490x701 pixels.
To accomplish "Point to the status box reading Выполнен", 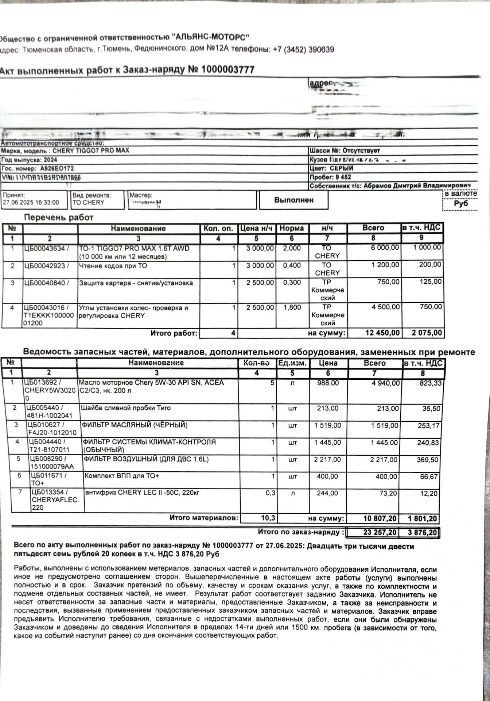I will pyautogui.click(x=293, y=200).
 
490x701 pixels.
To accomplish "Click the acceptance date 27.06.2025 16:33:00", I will pyautogui.click(x=31, y=203).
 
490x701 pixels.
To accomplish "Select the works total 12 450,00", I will pyautogui.click(x=382, y=333).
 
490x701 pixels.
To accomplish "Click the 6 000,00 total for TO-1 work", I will pyautogui.click(x=385, y=248).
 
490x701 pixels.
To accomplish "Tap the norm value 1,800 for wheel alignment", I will pyautogui.click(x=292, y=307).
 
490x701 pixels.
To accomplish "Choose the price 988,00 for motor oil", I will pyautogui.click(x=328, y=383).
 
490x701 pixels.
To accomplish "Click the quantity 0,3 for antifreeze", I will pyautogui.click(x=270, y=493).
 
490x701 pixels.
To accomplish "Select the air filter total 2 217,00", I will pyautogui.click(x=384, y=460).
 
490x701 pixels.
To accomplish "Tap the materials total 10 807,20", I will pyautogui.click(x=381, y=518).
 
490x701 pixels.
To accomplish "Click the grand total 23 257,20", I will pyautogui.click(x=380, y=533).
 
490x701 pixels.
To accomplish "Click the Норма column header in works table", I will pyautogui.click(x=292, y=228).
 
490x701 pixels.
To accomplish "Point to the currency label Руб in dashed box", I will pyautogui.click(x=461, y=203).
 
